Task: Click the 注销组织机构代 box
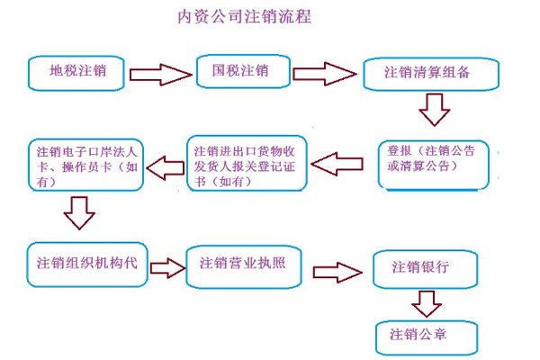(x=86, y=263)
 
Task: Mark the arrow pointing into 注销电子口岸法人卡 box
(x=167, y=165)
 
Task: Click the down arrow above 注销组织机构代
(x=80, y=214)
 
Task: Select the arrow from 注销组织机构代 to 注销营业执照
(x=166, y=267)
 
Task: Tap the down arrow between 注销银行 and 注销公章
(x=423, y=301)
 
